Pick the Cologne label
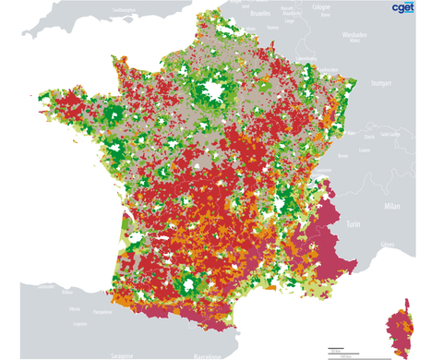coord(320,6)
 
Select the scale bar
coord(341,349)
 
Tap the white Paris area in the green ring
coord(211,90)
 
